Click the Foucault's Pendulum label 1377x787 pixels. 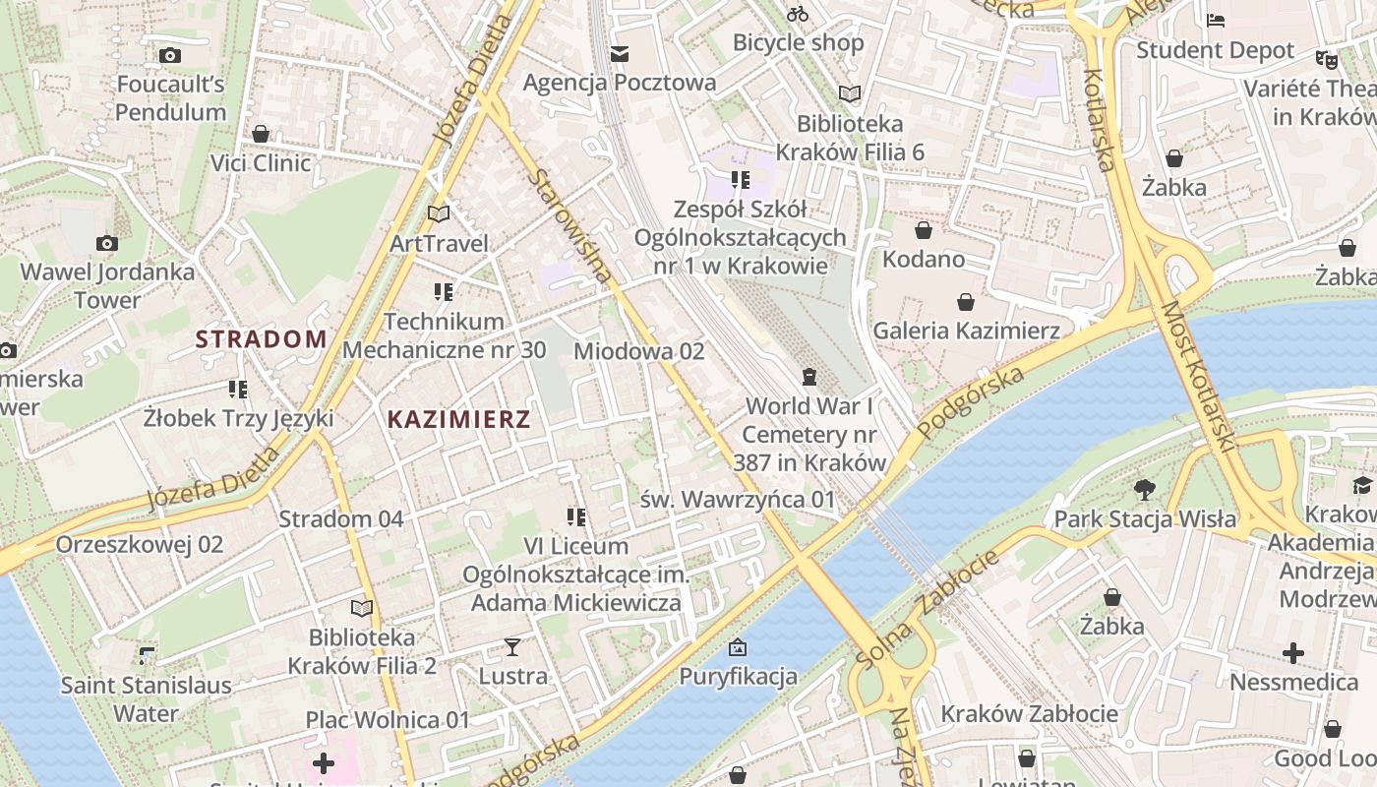coord(170,98)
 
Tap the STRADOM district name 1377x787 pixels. coord(261,339)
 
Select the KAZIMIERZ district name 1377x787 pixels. coord(458,419)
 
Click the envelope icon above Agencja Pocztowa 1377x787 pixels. coord(620,53)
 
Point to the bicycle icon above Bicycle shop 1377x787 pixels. coord(798,14)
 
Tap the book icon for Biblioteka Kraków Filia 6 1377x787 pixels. coord(849,94)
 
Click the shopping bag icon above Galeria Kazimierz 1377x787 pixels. coord(966,301)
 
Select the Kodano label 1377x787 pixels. coord(924,260)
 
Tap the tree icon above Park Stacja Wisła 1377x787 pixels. coord(1144,489)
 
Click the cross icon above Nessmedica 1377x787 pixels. coord(1293,653)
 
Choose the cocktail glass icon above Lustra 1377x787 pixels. coord(512,646)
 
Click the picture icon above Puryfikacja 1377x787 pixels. coord(738,647)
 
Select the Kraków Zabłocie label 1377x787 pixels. coord(1029,713)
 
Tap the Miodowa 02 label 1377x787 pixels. coord(639,351)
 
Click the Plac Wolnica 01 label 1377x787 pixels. coord(388,719)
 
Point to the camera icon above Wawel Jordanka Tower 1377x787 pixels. coord(107,243)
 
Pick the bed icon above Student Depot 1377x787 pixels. coord(1216,21)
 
